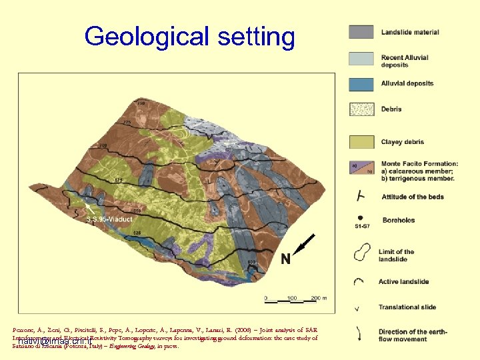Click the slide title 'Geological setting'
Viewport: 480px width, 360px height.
coord(189,37)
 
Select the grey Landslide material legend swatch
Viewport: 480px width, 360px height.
coord(361,32)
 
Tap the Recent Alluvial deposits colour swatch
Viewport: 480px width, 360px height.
coord(361,59)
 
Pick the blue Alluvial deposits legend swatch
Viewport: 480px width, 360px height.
coord(361,84)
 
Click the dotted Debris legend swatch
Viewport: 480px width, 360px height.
coord(361,109)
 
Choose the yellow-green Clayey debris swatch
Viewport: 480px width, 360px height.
coord(361,141)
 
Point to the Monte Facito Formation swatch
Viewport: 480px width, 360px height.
coord(361,168)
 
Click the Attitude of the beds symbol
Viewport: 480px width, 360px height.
coord(361,196)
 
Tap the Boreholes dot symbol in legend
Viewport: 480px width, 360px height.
coord(361,217)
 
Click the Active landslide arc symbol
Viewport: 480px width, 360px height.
coord(361,281)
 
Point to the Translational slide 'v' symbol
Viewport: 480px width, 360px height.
coord(361,307)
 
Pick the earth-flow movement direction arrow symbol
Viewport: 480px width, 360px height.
coord(361,333)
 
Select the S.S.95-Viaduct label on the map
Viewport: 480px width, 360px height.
coord(109,217)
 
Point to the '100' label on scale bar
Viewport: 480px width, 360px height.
coord(291,297)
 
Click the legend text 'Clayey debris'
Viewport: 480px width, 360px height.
coord(403,142)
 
